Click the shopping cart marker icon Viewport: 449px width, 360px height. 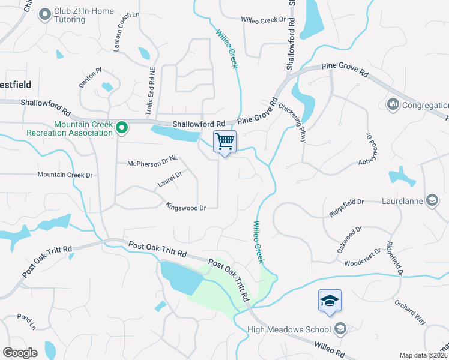224,142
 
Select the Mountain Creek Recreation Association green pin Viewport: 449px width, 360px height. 122,127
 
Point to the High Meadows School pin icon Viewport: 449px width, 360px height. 340,329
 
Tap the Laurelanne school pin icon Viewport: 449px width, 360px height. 432,200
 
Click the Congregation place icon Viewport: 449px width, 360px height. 394,105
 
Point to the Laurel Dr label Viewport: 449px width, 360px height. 170,179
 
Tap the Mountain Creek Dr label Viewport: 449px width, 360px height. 65,175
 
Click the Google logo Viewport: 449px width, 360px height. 20,353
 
